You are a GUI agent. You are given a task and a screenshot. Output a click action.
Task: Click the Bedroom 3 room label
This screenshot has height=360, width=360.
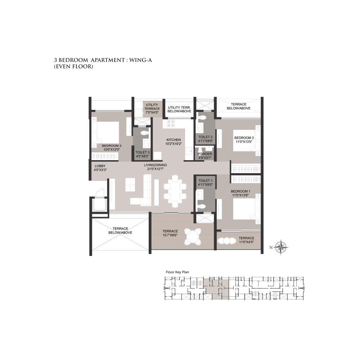point(112,146)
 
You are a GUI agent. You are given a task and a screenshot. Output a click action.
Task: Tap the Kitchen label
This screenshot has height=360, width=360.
point(174,140)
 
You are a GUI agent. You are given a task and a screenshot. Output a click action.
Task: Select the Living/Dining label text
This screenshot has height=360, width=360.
point(156,165)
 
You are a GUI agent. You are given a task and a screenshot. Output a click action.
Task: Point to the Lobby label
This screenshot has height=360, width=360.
point(100,166)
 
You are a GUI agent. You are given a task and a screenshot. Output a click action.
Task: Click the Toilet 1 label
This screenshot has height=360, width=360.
point(206,181)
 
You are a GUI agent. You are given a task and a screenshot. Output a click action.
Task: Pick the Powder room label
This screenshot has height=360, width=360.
point(205,154)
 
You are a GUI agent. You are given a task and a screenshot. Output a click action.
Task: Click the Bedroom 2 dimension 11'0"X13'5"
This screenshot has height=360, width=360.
point(244,141)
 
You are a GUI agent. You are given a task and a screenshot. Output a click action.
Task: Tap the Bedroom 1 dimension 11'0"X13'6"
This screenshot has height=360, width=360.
point(240,195)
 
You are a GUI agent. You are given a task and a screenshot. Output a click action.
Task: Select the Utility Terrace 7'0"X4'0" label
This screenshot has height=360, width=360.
point(152,109)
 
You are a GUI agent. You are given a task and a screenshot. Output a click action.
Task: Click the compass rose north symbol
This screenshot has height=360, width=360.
point(282,248)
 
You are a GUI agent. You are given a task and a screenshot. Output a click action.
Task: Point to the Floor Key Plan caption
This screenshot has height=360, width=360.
point(177,272)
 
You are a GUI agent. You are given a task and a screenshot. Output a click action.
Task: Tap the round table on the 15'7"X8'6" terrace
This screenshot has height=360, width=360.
point(193,237)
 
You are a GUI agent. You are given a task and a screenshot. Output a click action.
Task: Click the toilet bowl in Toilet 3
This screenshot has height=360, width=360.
point(144,133)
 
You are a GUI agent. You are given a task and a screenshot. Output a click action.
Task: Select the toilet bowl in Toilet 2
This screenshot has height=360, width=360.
point(202,118)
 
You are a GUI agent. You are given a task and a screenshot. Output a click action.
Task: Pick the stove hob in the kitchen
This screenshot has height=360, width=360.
point(171,123)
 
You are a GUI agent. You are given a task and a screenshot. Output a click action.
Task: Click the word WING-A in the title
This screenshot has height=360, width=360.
point(140,60)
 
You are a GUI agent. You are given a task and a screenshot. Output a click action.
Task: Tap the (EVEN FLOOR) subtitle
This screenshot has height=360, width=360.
point(73,67)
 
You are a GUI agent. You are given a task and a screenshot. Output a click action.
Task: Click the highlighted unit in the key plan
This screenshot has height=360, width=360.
point(216,288)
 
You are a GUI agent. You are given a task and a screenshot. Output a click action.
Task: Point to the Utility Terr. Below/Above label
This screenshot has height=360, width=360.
point(179,109)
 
